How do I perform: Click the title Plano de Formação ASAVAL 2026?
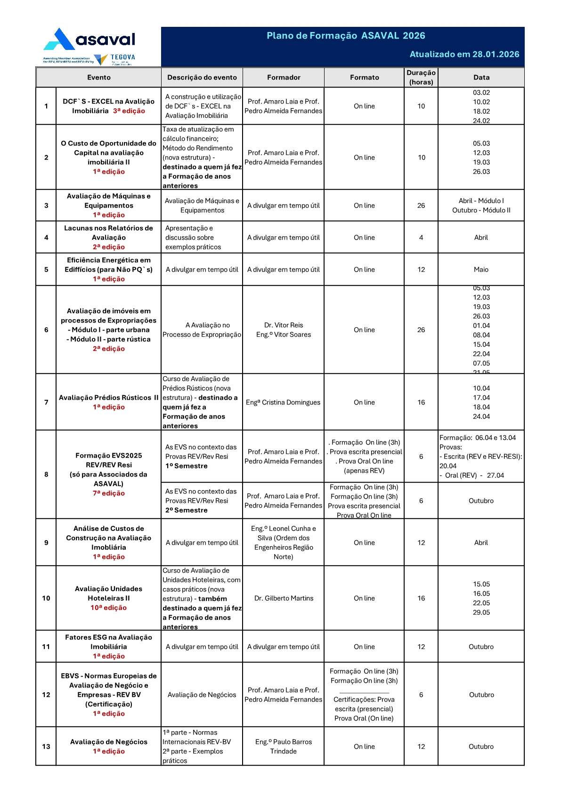(x=346, y=36)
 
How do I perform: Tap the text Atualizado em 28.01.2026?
(x=464, y=54)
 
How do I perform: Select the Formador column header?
(x=284, y=77)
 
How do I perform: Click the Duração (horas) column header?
(x=421, y=77)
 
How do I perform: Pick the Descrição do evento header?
(x=202, y=77)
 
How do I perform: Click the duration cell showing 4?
(x=421, y=237)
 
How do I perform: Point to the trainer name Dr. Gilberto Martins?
(x=284, y=598)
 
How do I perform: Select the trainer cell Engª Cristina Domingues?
(x=283, y=402)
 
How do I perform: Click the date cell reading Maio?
(x=481, y=269)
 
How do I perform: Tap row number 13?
(x=46, y=746)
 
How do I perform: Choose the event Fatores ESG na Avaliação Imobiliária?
(x=108, y=642)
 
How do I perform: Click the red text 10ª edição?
(x=108, y=607)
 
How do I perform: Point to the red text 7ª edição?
(x=108, y=493)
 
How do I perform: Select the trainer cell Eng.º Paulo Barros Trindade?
(x=284, y=746)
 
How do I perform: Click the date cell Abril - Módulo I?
(x=481, y=201)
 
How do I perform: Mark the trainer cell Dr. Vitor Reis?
(x=284, y=325)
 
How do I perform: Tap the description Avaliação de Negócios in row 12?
(x=202, y=695)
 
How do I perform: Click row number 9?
(x=46, y=542)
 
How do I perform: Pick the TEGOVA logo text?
(x=122, y=57)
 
